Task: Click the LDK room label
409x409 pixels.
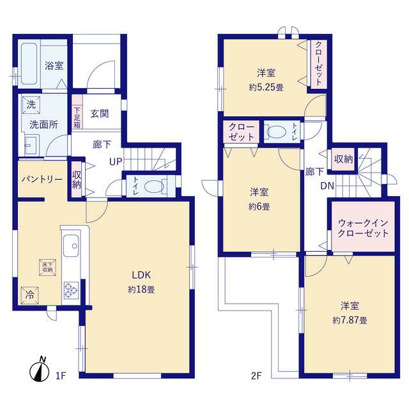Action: point(141,275)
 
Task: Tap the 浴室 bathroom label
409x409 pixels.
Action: point(54,65)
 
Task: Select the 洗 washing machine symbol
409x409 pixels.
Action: point(31,105)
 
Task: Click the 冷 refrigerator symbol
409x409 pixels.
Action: point(30,295)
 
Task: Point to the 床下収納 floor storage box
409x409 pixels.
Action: point(48,267)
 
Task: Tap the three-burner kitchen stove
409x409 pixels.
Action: point(71,290)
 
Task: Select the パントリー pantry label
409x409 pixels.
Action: point(42,180)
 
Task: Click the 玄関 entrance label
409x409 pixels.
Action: point(100,114)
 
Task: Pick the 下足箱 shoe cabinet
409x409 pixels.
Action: point(77,112)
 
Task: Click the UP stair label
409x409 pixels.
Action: point(116,162)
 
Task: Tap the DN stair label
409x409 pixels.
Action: point(327,186)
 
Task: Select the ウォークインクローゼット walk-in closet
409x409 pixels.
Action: point(363,226)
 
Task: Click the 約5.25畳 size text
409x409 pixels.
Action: point(266,87)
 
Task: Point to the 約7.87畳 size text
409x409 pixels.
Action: point(350,320)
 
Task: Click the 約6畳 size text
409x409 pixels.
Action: point(259,207)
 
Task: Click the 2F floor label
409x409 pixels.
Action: point(256,376)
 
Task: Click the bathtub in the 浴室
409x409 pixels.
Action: point(29,64)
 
